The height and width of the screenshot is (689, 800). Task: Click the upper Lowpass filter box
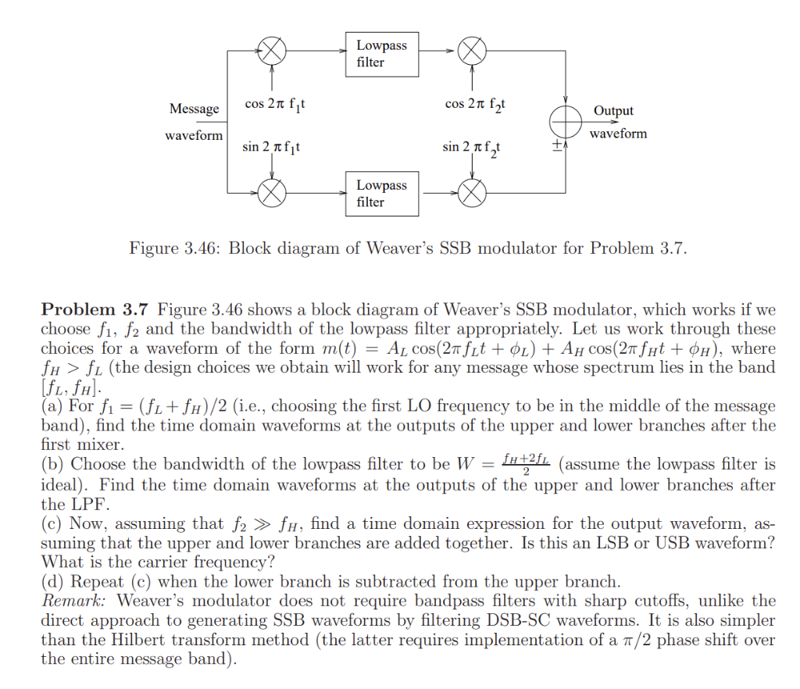click(x=382, y=53)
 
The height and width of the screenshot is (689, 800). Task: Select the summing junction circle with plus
click(x=565, y=122)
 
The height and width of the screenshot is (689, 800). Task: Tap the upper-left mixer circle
click(x=271, y=52)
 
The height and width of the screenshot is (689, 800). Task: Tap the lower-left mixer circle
click(x=271, y=191)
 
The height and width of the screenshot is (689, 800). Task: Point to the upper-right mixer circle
click(x=472, y=52)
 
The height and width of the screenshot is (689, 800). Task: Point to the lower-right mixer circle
click(x=472, y=191)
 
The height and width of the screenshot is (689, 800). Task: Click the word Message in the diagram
click(x=194, y=109)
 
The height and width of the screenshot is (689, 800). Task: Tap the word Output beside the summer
click(x=613, y=111)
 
